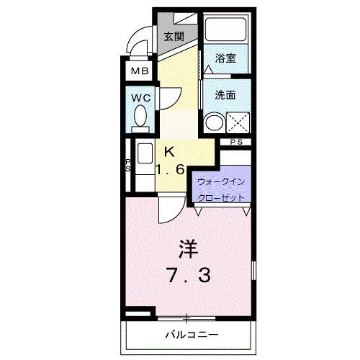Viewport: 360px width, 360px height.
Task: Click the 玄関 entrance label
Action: (x=173, y=37)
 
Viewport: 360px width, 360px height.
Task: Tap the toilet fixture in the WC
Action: (x=140, y=117)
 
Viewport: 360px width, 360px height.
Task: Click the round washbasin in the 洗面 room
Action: (x=213, y=122)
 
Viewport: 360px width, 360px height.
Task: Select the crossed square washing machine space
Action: (x=237, y=122)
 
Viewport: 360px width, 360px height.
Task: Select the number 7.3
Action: (x=188, y=275)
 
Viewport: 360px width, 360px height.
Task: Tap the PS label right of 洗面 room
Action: (x=236, y=143)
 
